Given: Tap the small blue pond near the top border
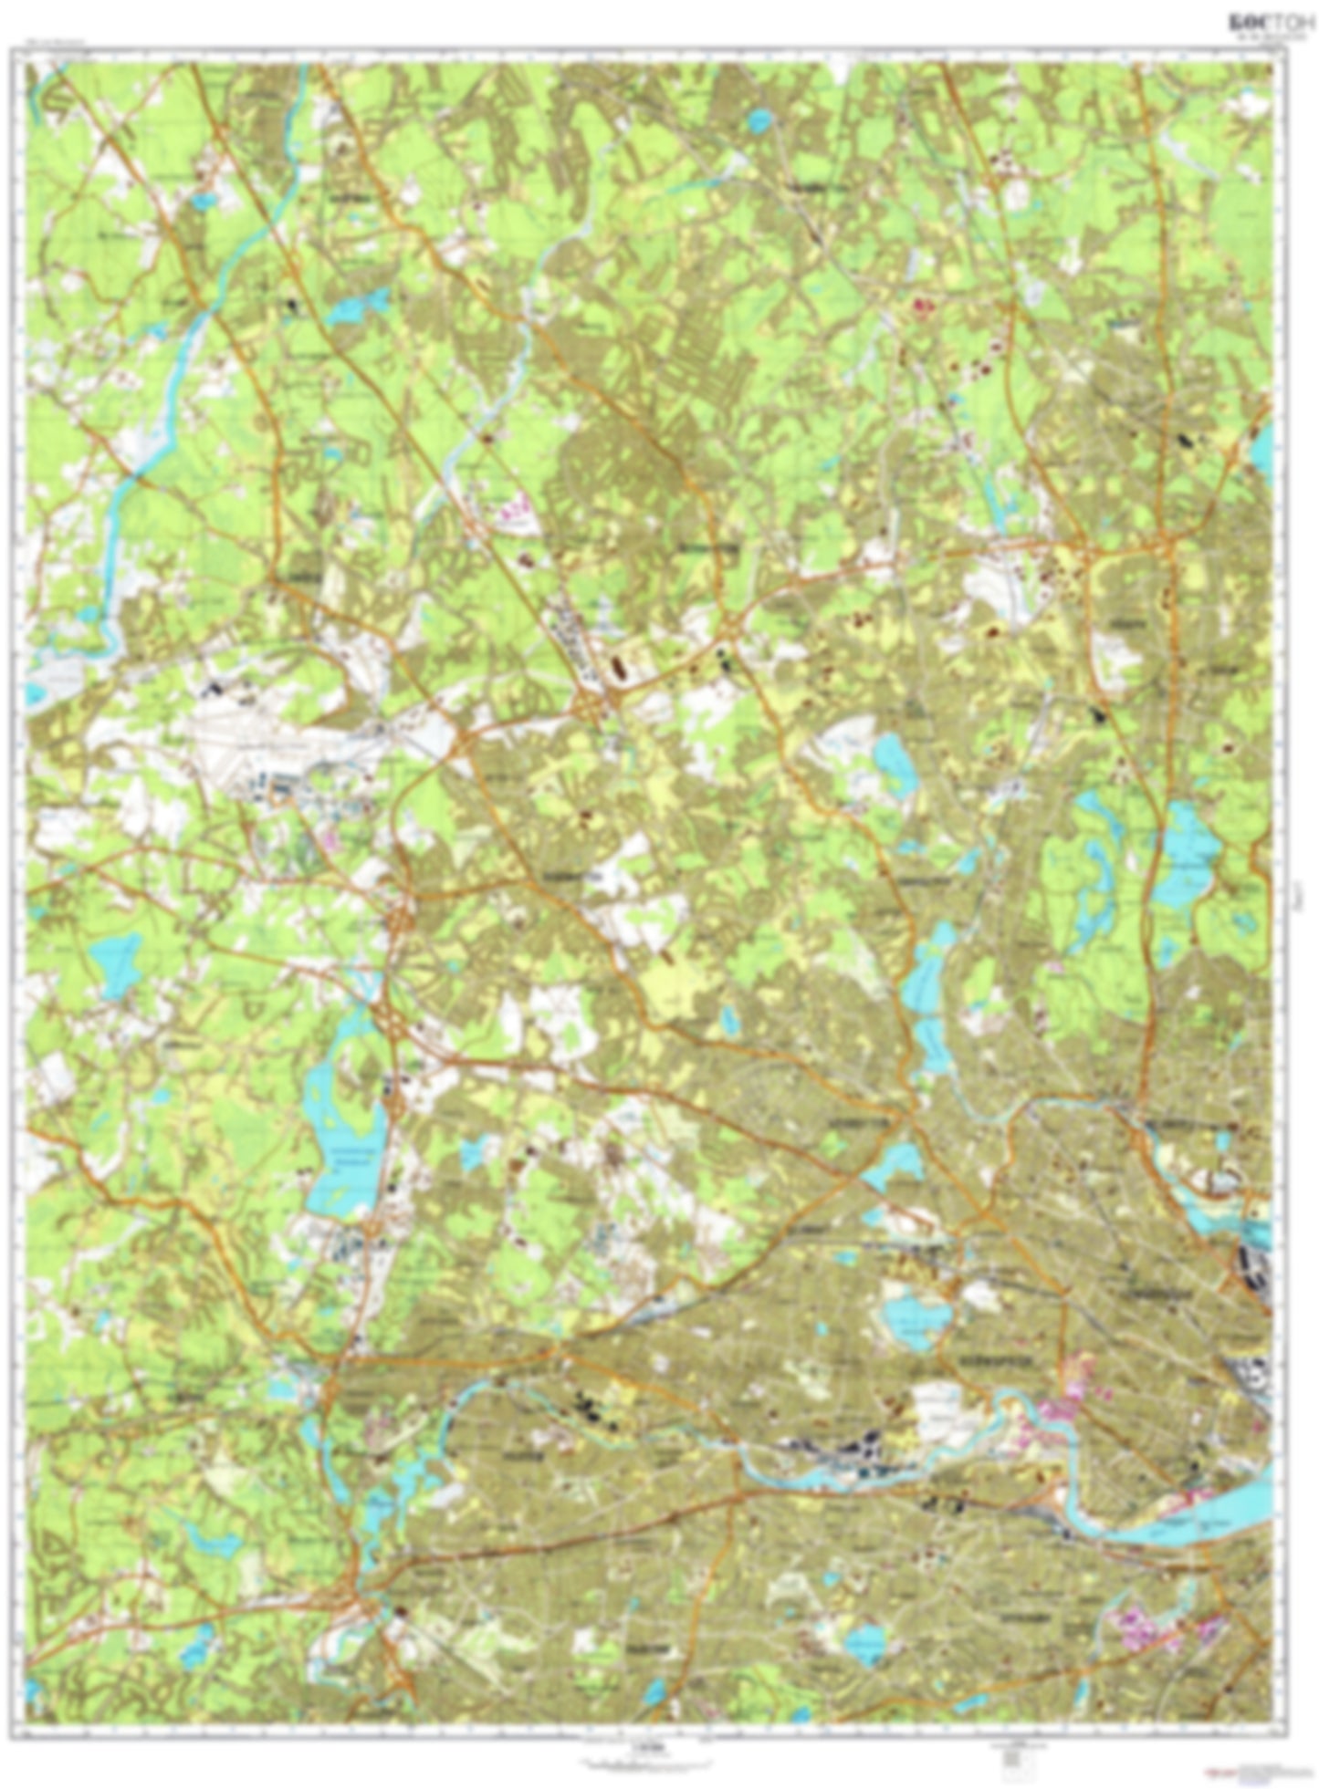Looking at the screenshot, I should tap(757, 120).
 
